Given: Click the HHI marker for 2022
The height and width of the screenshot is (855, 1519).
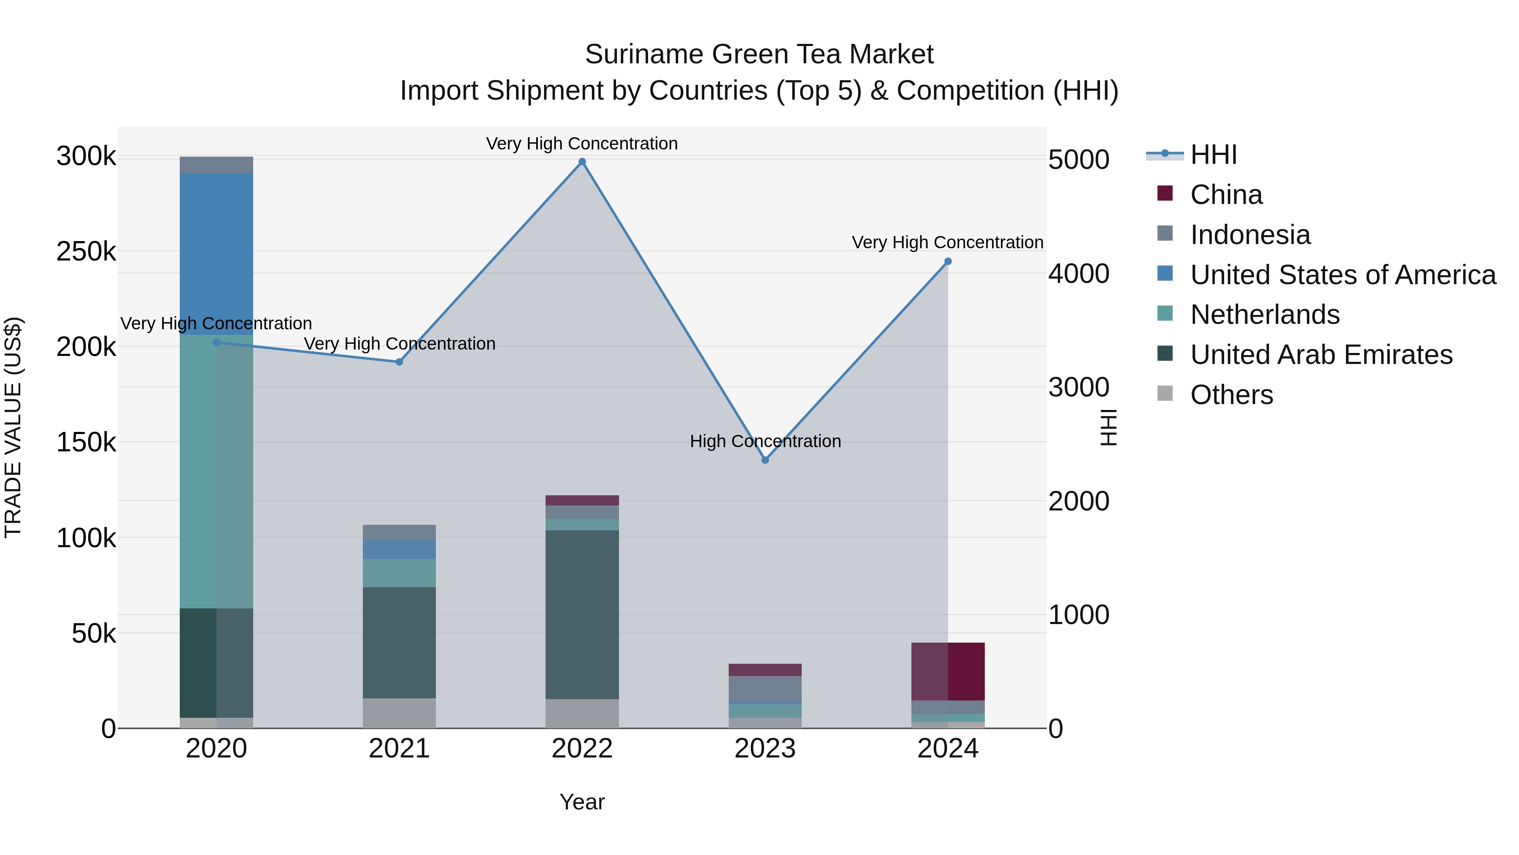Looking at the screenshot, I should click(582, 162).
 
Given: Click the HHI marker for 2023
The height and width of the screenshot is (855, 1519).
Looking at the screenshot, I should click(765, 460).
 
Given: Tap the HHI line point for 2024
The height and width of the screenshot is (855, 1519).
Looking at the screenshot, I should click(948, 261).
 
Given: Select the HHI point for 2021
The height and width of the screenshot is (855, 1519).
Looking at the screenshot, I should click(399, 362).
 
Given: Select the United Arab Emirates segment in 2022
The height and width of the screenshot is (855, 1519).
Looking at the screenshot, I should click(582, 613).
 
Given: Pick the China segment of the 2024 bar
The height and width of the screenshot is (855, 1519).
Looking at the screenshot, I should click(948, 671).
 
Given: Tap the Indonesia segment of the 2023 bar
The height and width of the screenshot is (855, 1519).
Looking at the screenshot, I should click(765, 689).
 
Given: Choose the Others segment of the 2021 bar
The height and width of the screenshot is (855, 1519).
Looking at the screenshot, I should click(399, 713).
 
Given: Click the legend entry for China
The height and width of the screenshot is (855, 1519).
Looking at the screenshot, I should click(1225, 195).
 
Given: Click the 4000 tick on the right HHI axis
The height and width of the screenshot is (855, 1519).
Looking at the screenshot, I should click(1078, 274).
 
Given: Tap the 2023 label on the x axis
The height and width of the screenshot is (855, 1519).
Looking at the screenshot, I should click(765, 749).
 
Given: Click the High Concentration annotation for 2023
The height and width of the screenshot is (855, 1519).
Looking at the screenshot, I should click(765, 441).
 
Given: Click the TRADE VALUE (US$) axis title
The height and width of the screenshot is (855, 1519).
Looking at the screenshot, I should click(13, 427).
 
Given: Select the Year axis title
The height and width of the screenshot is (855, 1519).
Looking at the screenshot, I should click(582, 802).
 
